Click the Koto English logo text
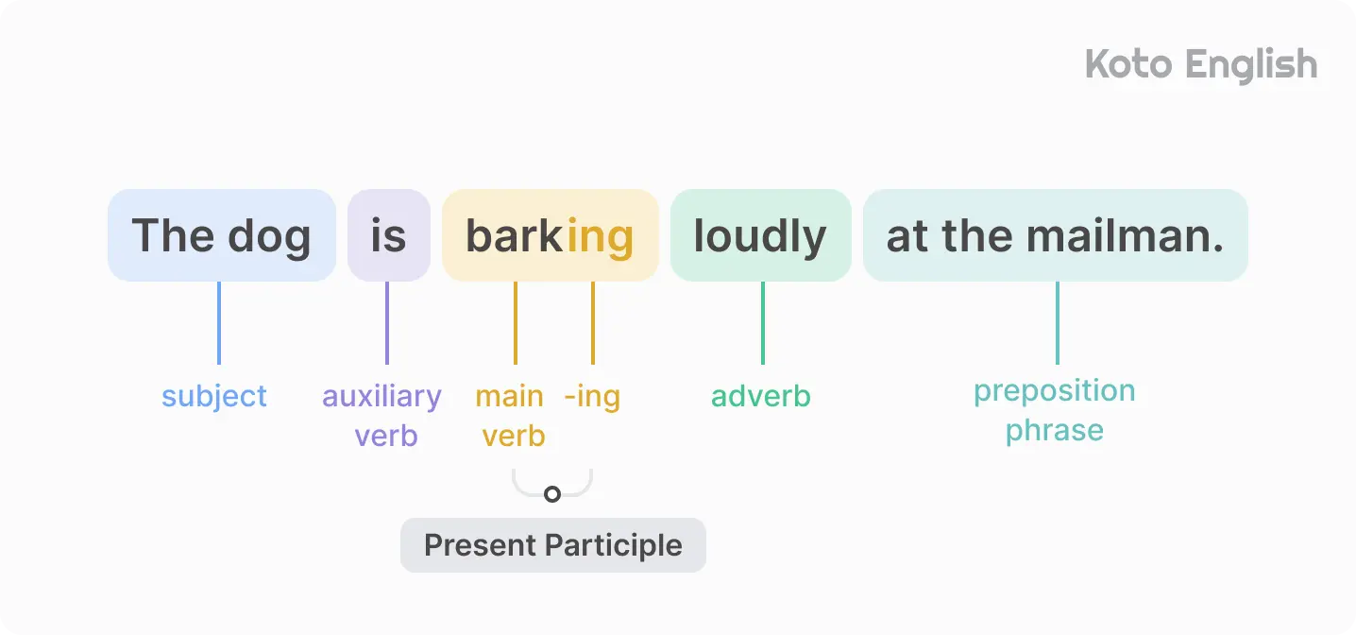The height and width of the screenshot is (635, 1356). pyautogui.click(x=1200, y=65)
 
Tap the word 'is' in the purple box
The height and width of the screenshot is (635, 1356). pyautogui.click(x=388, y=236)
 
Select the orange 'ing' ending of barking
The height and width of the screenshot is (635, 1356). pyautogui.click(x=600, y=236)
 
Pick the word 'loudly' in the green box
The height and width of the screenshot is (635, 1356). pyautogui.click(x=760, y=236)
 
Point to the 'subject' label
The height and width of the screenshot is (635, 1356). pyautogui.click(x=214, y=396)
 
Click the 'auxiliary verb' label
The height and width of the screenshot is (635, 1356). pyautogui.click(x=382, y=416)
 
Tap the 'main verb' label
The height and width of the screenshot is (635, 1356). pyautogui.click(x=511, y=416)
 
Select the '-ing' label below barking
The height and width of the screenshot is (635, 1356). pyautogui.click(x=592, y=396)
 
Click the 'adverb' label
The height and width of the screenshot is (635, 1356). pyautogui.click(x=761, y=396)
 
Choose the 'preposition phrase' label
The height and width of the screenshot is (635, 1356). pyautogui.click(x=1055, y=410)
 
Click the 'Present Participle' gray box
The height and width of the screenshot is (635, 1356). pyautogui.click(x=553, y=545)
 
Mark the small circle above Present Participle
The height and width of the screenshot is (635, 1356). pyautogui.click(x=552, y=494)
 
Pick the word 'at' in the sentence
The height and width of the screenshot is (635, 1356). pyautogui.click(x=907, y=236)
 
